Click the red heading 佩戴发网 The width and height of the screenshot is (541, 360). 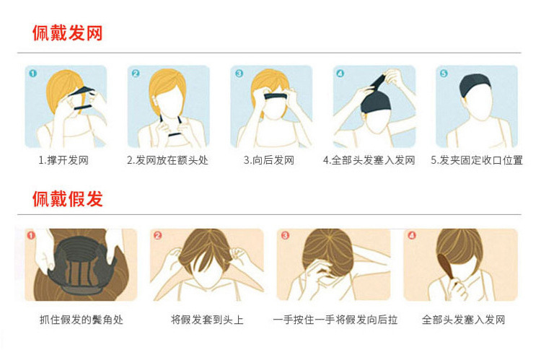pyautogui.click(x=68, y=33)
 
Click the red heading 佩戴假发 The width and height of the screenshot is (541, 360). pyautogui.click(x=68, y=198)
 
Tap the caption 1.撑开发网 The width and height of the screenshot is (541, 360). pyautogui.click(x=63, y=160)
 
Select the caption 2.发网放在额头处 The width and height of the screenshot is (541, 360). pyautogui.click(x=167, y=160)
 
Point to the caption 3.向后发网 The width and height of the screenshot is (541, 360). pyautogui.click(x=269, y=160)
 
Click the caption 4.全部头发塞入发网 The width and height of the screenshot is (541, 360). pyautogui.click(x=369, y=160)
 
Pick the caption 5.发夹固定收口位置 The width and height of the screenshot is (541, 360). pyautogui.click(x=477, y=160)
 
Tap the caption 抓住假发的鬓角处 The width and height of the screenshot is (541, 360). pyautogui.click(x=82, y=320)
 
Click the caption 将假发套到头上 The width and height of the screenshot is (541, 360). pyautogui.click(x=207, y=320)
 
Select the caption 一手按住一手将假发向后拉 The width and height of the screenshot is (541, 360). pyautogui.click(x=335, y=320)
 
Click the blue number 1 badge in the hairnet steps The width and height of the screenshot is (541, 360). pyautogui.click(x=32, y=74)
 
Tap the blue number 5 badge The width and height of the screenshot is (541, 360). pyautogui.click(x=444, y=73)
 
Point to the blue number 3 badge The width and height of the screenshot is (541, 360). pyautogui.click(x=239, y=74)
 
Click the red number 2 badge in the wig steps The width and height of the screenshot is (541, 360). pyautogui.click(x=158, y=235)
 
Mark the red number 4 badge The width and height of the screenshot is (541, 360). pyautogui.click(x=412, y=235)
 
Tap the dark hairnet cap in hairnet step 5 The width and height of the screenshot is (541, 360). pyautogui.click(x=475, y=86)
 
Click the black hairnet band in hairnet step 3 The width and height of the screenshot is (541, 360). pyautogui.click(x=276, y=97)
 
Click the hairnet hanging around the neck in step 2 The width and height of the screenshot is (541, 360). pyautogui.click(x=171, y=127)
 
